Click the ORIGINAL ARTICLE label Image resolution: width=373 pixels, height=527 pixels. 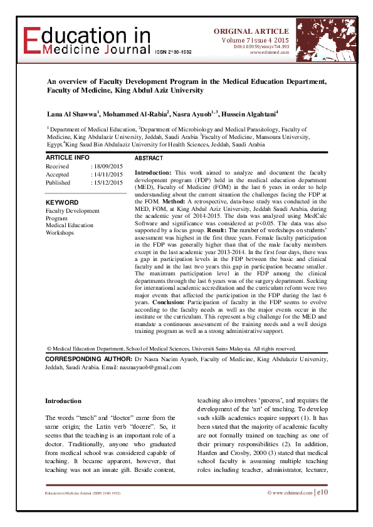click(251, 31)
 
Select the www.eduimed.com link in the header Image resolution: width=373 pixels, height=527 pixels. click(269, 52)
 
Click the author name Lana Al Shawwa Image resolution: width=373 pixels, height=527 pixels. click(71, 115)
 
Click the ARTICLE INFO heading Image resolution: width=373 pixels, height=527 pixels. click(68, 157)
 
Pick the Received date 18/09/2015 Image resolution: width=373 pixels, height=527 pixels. click(108, 166)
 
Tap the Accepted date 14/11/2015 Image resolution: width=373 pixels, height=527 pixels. click(108, 175)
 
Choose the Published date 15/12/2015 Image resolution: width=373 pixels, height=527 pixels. click(108, 183)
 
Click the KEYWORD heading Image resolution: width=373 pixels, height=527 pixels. click(62, 203)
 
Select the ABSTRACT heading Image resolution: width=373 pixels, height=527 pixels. click(149, 159)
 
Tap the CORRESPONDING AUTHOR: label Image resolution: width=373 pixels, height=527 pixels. click(88, 359)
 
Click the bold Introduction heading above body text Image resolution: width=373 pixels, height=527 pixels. click(63, 401)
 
